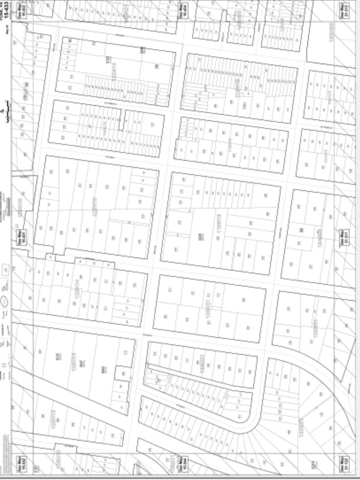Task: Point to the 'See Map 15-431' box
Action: coord(18,240)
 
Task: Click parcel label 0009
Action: coord(201,237)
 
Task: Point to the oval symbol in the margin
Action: coord(5,301)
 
